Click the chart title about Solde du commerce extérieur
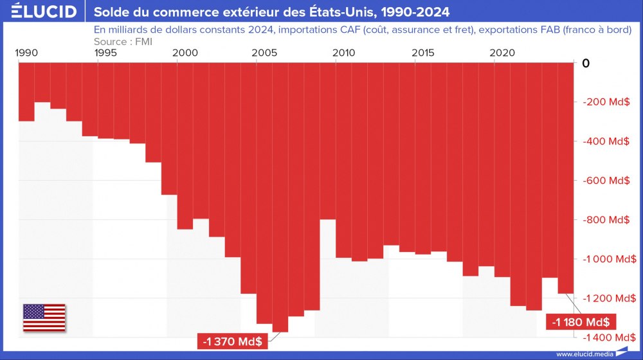tap(272, 12)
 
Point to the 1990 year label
tap(26, 53)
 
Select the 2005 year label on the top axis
tap(264, 53)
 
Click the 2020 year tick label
tap(502, 53)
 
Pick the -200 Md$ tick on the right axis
tap(605, 102)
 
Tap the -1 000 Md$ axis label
tap(605, 259)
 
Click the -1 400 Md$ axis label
tap(605, 337)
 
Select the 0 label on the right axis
tap(585, 63)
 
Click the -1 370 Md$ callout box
tap(232, 341)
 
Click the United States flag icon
tap(44, 318)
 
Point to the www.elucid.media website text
tap(584, 354)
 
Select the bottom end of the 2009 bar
tap(327, 219)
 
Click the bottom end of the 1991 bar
tap(42, 102)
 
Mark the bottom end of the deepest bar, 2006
tap(280, 332)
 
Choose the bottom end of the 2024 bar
tap(565, 294)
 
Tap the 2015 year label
tap(422, 53)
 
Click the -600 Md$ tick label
tap(605, 181)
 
